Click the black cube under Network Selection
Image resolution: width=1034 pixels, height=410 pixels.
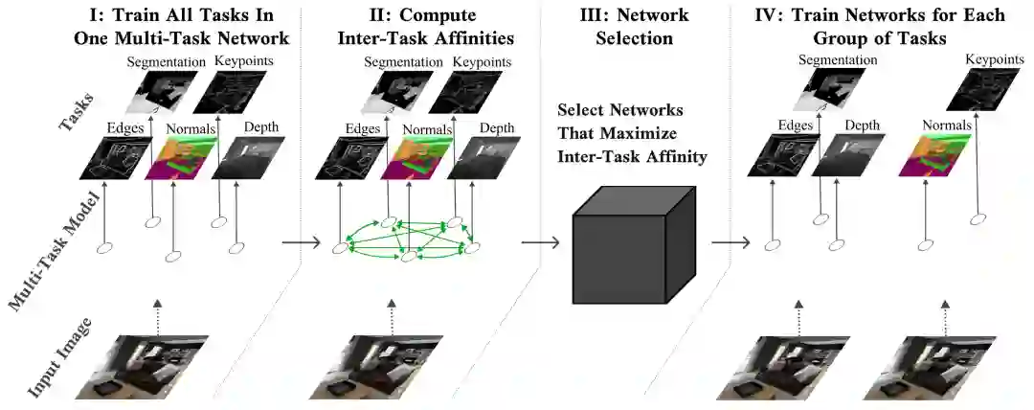tap(627, 247)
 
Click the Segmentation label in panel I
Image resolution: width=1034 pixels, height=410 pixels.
tap(166, 62)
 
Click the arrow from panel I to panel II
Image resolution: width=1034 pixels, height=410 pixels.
tap(301, 246)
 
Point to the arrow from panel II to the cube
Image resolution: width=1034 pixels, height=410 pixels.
tap(543, 246)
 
